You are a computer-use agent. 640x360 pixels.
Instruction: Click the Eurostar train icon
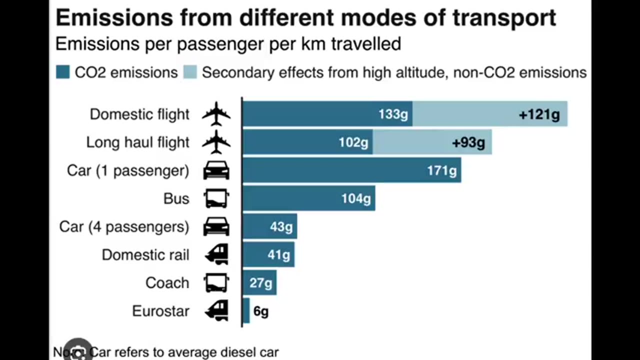pos(216,310)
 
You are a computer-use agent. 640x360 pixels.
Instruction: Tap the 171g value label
pos(441,170)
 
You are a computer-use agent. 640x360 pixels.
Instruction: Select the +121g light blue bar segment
pos(489,114)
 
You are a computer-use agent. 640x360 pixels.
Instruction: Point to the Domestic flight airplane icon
pos(216,114)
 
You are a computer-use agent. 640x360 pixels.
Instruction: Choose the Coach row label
pos(167,282)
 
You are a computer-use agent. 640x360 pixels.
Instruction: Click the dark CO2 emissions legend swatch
pos(62,72)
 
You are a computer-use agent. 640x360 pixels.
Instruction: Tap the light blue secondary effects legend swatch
pos(190,72)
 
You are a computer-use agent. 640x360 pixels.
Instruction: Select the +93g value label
pos(468,142)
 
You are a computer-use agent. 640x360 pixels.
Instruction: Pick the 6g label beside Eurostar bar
pos(260,311)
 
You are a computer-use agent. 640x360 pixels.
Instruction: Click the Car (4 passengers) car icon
pos(216,227)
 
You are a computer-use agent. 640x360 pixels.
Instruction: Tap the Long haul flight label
pos(137,142)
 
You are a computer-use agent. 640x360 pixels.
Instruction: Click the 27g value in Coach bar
pos(260,283)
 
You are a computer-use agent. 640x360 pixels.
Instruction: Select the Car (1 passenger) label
pos(128,170)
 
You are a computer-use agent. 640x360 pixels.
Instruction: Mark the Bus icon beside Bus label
pos(216,198)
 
